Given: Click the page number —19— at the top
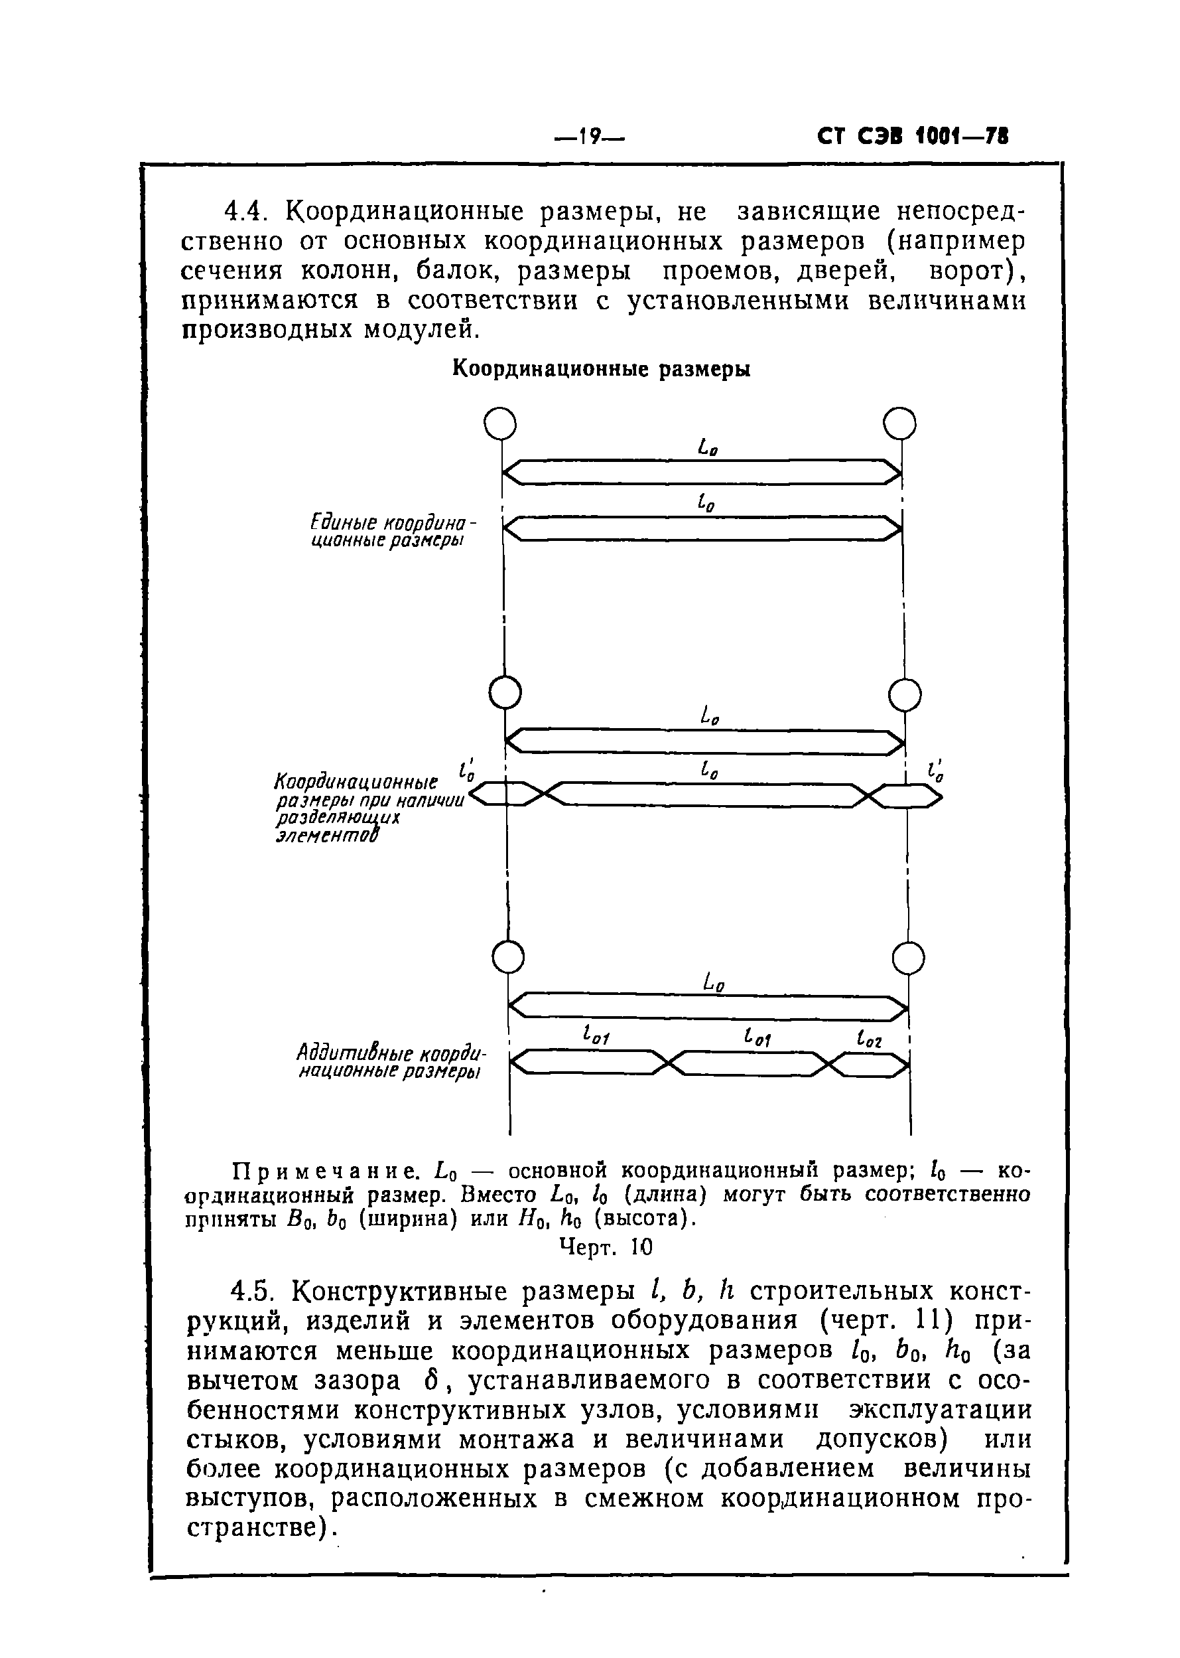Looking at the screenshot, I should [x=589, y=137].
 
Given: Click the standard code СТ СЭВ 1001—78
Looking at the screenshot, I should [x=913, y=137].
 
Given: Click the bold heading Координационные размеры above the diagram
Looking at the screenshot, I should [x=601, y=369].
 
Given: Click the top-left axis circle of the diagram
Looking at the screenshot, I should [x=500, y=423].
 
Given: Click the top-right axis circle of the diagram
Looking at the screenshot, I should [x=899, y=423].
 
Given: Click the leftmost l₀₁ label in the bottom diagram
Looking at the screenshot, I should [x=596, y=1036].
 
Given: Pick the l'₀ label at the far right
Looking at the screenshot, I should [x=936, y=771].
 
